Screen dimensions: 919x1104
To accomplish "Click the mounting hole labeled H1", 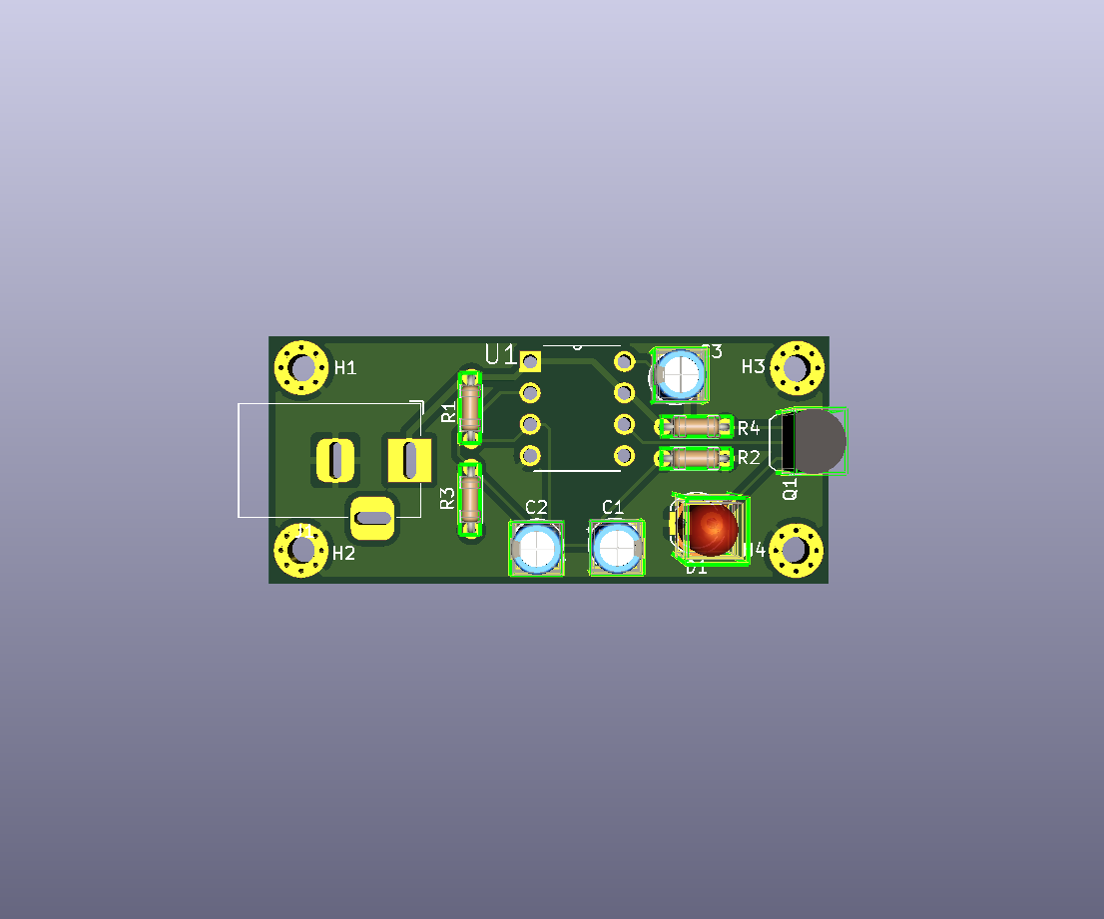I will point(301,367).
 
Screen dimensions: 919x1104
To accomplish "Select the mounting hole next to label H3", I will point(797,367).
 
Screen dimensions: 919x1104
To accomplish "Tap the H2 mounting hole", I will point(301,549).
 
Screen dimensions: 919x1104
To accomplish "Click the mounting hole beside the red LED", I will point(797,549).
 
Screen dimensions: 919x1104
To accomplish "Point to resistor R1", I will point(470,407).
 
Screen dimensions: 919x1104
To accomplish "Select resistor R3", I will point(470,499).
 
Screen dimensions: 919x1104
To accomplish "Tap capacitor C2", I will point(537,547).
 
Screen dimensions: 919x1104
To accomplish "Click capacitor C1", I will point(617,547).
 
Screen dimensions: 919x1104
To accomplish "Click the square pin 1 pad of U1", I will point(530,361).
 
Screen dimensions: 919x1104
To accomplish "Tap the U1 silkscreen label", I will point(500,354).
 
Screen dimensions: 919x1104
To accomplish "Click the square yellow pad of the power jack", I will point(408,460).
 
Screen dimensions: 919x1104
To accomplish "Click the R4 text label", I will point(749,428).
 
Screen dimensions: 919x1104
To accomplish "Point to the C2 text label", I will point(536,507).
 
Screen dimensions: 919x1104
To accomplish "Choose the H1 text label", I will point(345,368).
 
